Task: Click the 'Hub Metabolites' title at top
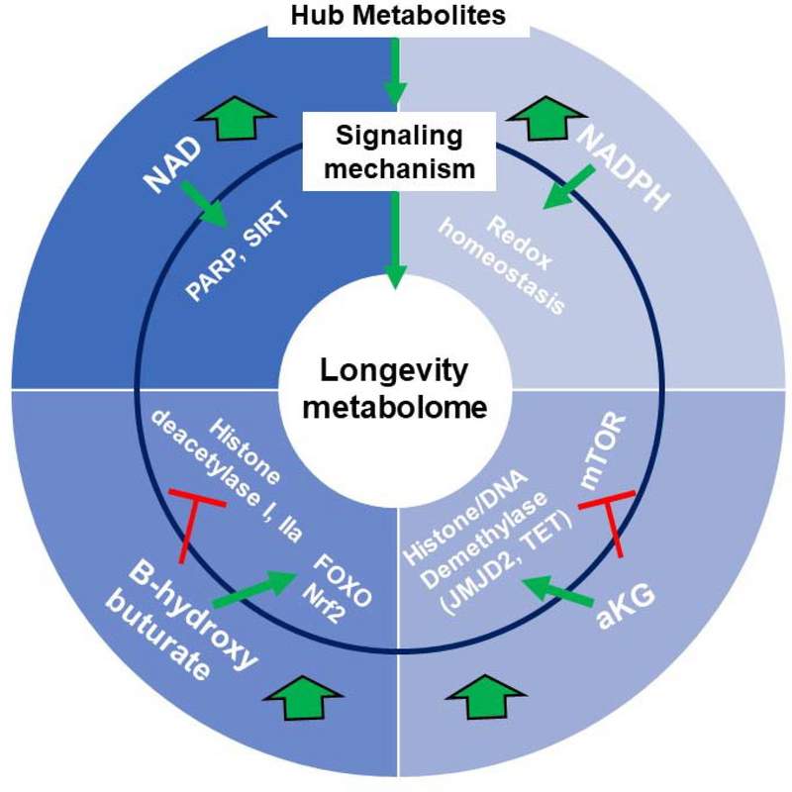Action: point(395,15)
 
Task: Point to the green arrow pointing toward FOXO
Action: point(249,588)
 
